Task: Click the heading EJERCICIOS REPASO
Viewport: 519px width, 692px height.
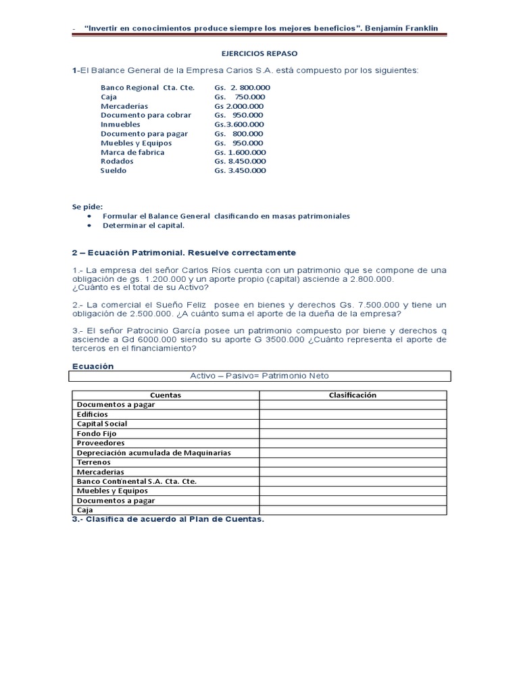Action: (259, 53)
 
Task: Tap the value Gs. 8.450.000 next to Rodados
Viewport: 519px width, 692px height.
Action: (240, 162)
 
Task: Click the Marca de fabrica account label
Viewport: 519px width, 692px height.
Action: (132, 152)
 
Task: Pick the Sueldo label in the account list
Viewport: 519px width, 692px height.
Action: (114, 171)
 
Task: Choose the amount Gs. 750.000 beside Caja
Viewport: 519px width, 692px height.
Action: (240, 97)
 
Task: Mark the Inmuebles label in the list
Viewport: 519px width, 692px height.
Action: (120, 124)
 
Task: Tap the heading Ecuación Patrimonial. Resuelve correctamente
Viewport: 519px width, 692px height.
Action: (184, 253)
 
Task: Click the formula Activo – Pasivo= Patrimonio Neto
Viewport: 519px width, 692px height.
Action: (259, 376)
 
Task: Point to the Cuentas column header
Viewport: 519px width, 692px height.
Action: (166, 395)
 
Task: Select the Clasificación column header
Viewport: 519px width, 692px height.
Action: (352, 395)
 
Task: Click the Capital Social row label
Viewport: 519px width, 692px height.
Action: (102, 424)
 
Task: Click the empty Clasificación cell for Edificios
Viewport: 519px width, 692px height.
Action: (352, 414)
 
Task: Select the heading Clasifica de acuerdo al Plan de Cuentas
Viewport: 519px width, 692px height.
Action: (168, 519)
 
